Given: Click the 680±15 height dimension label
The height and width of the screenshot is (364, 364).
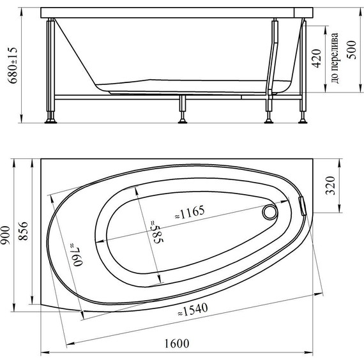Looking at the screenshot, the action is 13,66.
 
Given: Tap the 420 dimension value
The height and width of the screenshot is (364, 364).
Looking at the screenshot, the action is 317,59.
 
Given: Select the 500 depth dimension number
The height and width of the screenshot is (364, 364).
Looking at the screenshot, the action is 351,50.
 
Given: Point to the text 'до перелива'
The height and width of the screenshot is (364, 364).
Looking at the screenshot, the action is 335,58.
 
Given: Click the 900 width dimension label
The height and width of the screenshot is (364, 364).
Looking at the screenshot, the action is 5,235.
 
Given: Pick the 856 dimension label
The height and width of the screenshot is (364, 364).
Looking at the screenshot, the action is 23,231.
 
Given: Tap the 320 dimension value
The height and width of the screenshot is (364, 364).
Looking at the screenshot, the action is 331,186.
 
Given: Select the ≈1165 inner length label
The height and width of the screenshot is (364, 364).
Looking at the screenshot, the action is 190,212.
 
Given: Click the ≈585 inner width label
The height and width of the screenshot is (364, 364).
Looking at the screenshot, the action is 156,232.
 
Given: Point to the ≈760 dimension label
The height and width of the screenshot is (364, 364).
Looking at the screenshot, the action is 77,255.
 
